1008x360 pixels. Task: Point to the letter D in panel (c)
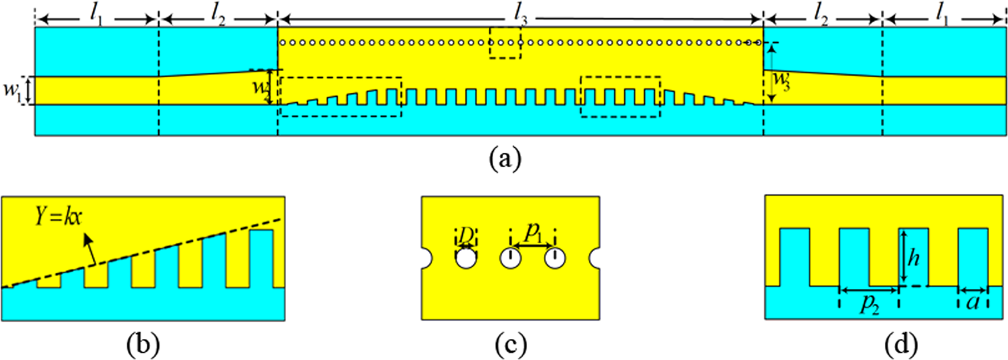pos(465,235)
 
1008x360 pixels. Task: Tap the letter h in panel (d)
pos(914,257)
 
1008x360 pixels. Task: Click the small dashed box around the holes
pos(505,43)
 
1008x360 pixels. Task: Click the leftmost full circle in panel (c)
pos(465,258)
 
